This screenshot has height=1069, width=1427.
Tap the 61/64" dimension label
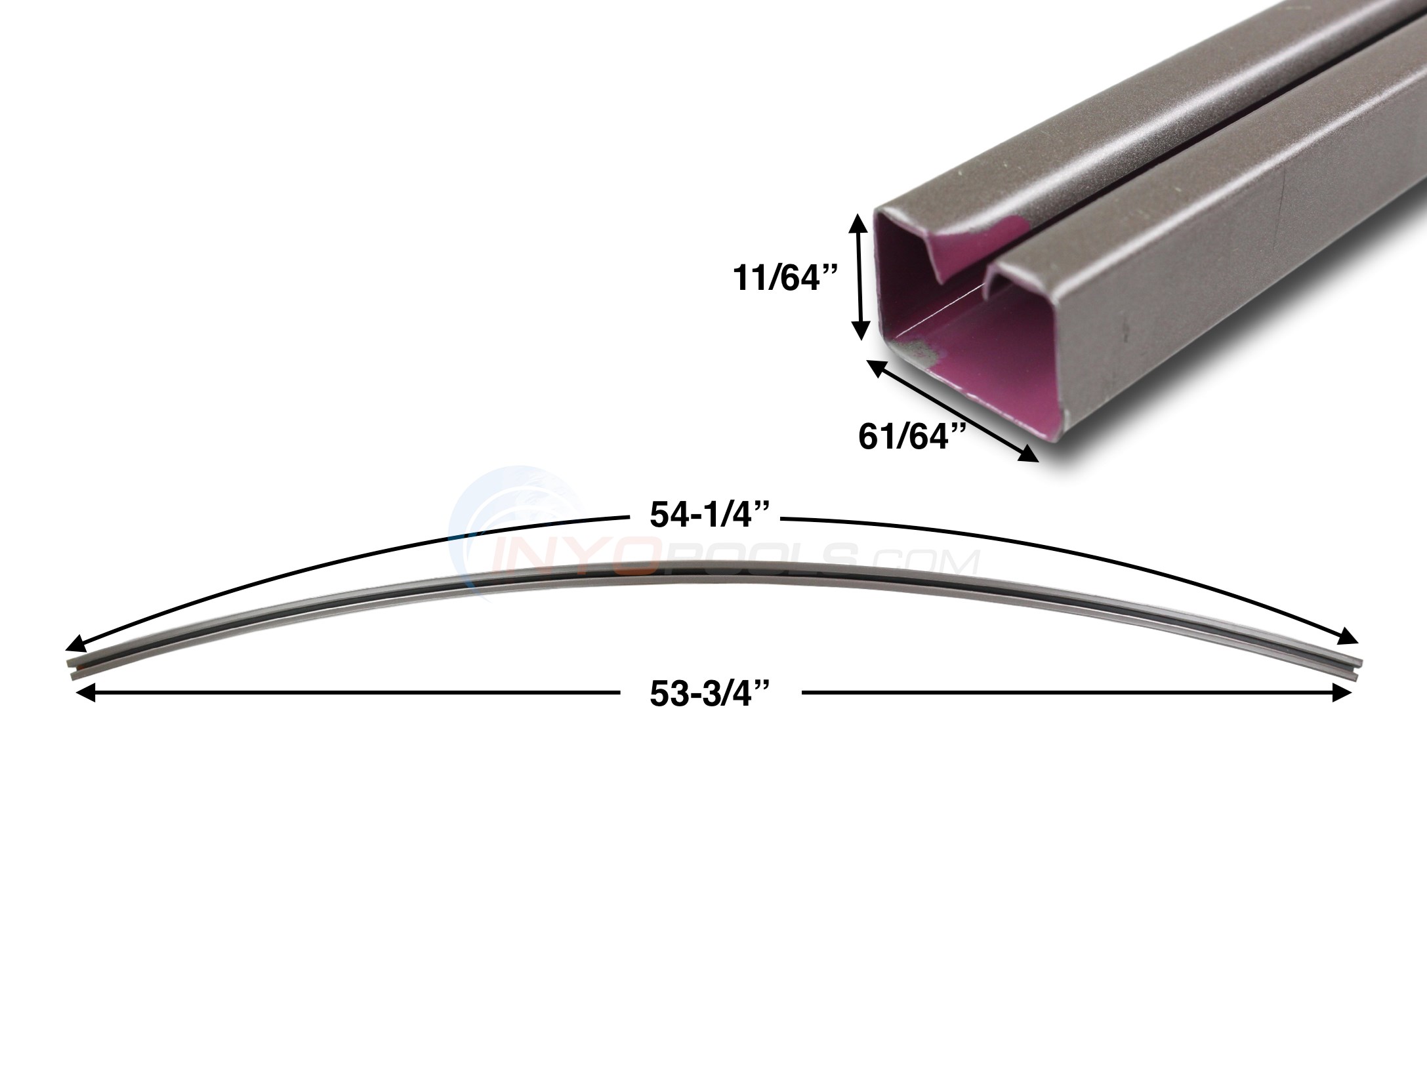[913, 437]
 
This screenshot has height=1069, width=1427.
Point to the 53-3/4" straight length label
[709, 696]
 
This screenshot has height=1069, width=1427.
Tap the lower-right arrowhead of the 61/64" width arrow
[1029, 455]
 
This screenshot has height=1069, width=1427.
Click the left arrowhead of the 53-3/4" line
[83, 693]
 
